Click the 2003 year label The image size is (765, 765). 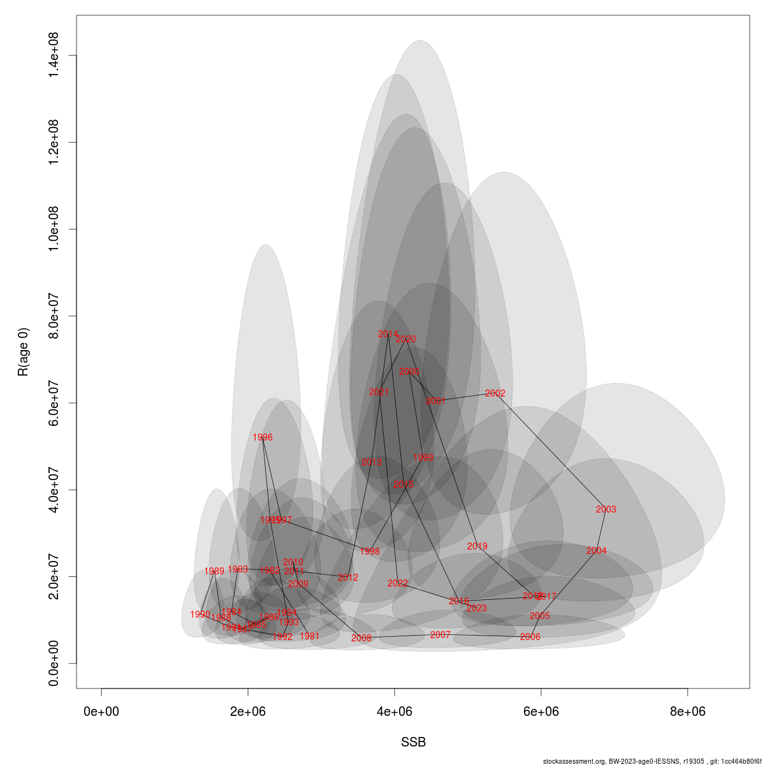[606, 509]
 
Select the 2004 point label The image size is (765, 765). [596, 551]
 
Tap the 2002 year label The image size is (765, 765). [495, 394]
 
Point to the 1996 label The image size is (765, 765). [262, 437]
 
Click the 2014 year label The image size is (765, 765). [388, 334]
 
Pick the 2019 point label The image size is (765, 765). [477, 546]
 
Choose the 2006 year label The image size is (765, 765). [530, 637]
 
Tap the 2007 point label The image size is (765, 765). [440, 635]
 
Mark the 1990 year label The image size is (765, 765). [200, 615]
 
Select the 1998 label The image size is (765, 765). [369, 551]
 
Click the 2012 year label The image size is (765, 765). [347, 578]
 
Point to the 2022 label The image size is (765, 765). [397, 583]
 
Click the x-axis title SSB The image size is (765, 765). [413, 743]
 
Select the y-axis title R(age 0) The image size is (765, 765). [24, 352]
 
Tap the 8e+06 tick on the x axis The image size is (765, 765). [687, 711]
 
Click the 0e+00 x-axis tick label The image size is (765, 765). [101, 711]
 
